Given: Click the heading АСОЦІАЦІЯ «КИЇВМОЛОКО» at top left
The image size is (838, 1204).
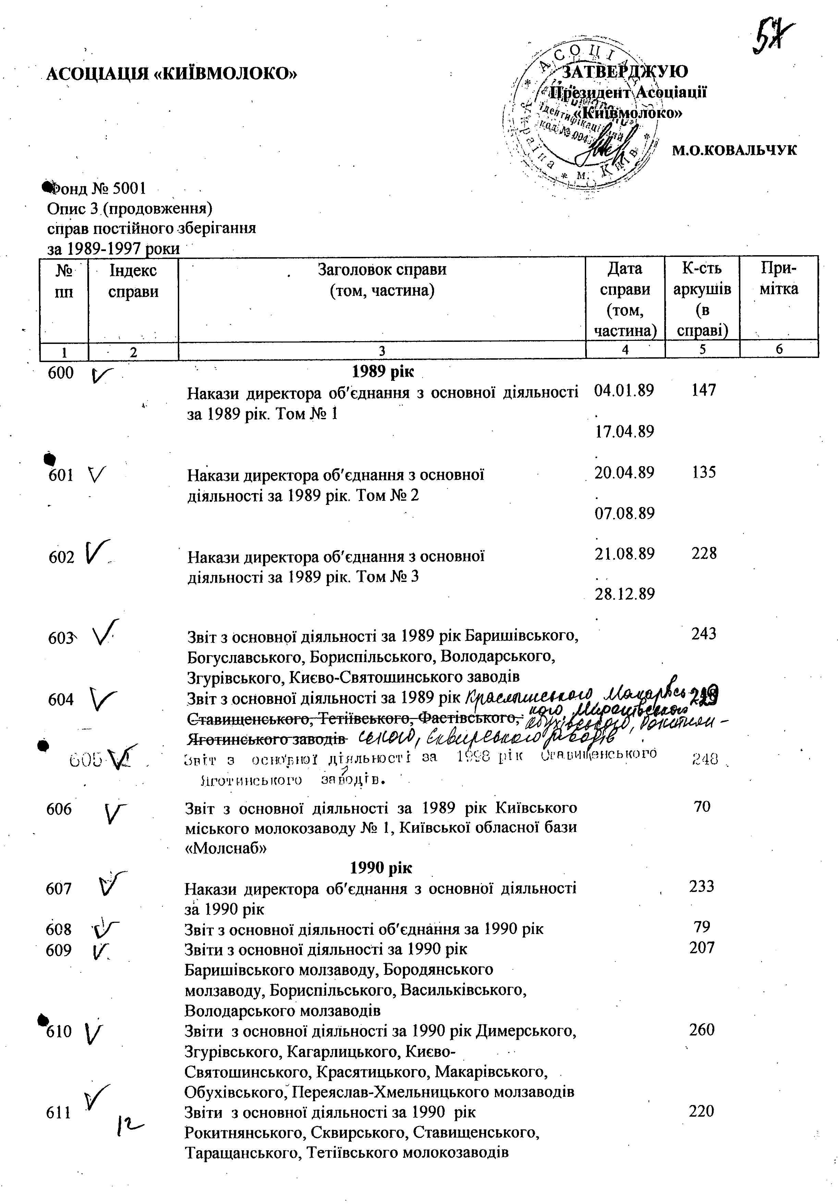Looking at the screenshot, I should (172, 73).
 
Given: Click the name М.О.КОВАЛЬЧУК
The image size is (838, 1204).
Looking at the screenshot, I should (734, 150).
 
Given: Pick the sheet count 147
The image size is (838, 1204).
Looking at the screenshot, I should (703, 390).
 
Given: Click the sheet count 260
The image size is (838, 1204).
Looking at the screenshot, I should (702, 1030).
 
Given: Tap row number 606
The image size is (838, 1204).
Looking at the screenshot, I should (59, 809).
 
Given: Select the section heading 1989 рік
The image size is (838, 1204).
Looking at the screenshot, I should (383, 372).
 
